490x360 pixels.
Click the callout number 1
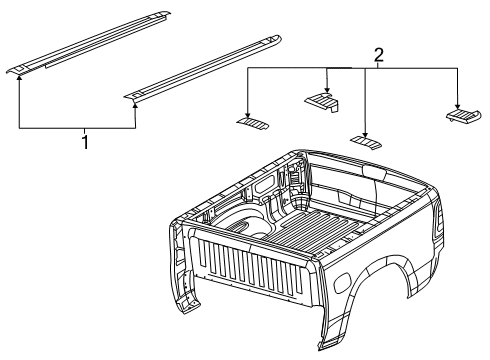pos(85,142)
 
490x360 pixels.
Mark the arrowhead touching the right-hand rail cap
pos(135,100)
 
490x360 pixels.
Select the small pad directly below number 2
pos(367,142)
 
